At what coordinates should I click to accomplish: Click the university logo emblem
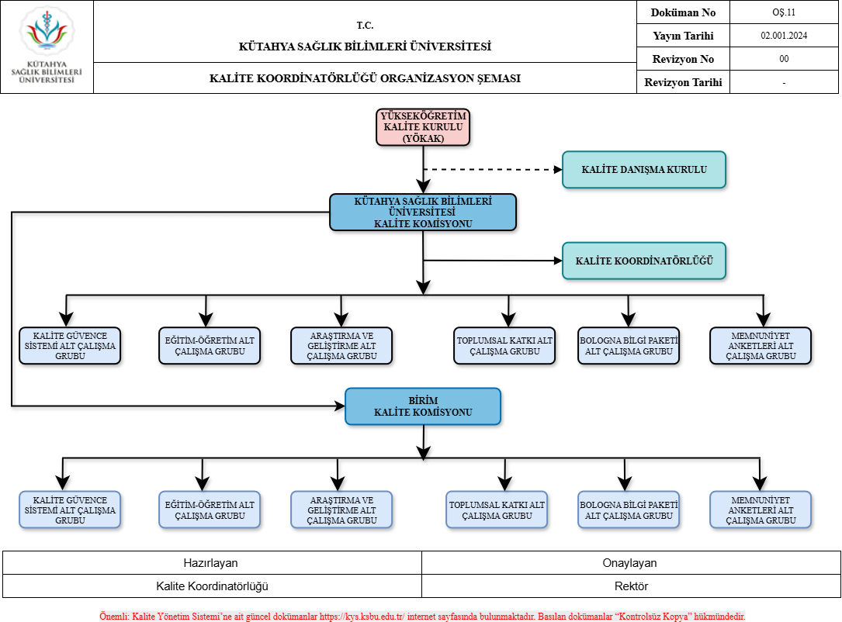47,30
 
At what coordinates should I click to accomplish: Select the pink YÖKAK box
423,127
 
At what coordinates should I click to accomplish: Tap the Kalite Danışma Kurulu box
644,170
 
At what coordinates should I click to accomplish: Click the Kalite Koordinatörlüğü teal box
644,261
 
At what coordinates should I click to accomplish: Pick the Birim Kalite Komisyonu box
423,406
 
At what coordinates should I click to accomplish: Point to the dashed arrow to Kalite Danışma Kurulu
493,170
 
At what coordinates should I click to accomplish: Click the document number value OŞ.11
784,12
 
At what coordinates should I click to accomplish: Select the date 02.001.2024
784,36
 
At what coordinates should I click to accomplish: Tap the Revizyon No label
683,59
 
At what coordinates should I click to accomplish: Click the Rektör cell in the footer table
631,586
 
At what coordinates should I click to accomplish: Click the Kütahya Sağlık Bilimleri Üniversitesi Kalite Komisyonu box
423,213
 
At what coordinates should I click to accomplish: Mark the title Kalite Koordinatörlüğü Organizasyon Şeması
366,78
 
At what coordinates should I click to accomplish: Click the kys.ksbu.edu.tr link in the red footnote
362,616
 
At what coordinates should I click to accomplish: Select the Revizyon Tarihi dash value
784,82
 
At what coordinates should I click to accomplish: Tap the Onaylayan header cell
631,563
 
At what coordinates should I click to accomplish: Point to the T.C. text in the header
366,26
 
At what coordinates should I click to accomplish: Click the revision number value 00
784,59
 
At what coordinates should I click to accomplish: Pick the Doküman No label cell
683,12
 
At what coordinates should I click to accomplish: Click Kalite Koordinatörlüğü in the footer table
212,586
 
